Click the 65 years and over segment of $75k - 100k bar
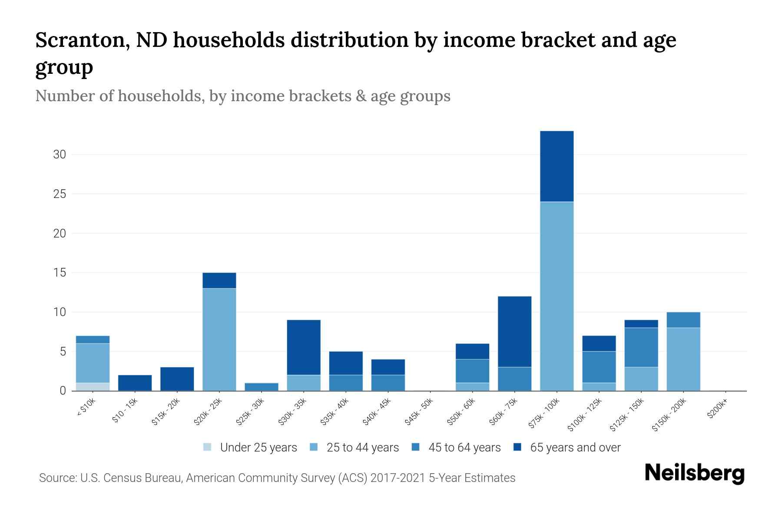[557, 166]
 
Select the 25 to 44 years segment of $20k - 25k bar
[219, 340]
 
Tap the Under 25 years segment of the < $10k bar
[93, 386]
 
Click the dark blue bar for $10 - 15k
[135, 383]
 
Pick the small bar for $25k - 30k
[262, 386]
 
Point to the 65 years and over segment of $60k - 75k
[514, 332]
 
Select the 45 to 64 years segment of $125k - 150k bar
[641, 347]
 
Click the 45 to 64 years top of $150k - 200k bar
[683, 320]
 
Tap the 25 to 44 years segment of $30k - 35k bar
[304, 383]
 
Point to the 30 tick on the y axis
[60, 155]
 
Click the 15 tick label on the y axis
[60, 273]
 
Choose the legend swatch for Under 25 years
[208, 447]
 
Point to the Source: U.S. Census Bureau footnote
[277, 478]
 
